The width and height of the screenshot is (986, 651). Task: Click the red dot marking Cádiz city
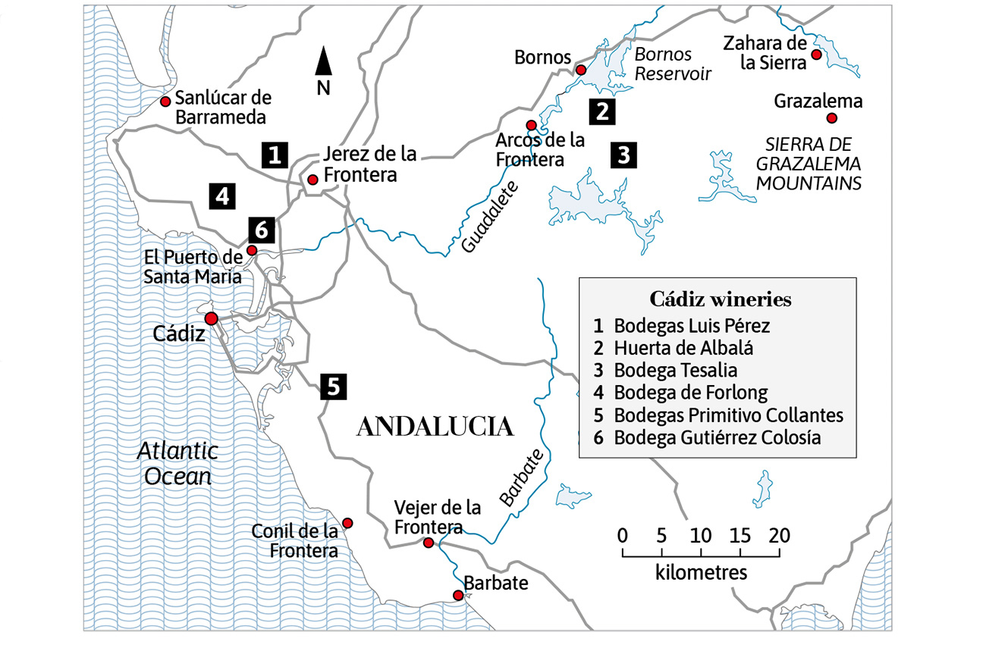(211, 318)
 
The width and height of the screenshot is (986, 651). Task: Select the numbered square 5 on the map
(333, 387)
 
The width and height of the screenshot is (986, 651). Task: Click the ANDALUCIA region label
(435, 427)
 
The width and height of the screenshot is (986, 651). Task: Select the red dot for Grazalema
(831, 117)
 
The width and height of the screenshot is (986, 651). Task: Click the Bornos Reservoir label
(663, 64)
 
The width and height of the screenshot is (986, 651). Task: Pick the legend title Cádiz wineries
(720, 299)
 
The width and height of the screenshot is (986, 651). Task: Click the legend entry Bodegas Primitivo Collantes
(728, 415)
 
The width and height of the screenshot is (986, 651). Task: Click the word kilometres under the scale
(701, 572)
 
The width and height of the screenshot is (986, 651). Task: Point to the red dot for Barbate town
(458, 596)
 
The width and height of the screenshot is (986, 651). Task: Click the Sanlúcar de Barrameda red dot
(165, 102)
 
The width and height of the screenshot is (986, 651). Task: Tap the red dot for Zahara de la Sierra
(816, 55)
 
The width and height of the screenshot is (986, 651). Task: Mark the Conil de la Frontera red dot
(347, 523)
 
